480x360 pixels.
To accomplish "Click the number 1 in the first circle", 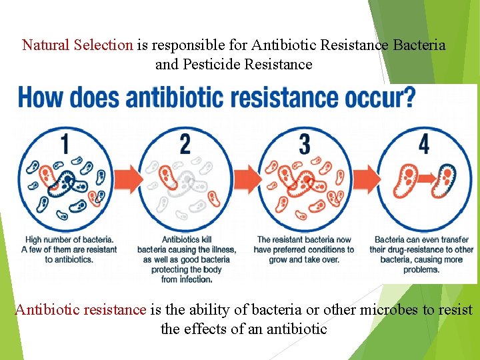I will (x=65, y=143).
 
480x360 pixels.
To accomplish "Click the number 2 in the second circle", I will (x=185, y=143).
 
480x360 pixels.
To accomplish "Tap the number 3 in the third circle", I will (x=304, y=143).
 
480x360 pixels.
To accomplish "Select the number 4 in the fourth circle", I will (x=423, y=143).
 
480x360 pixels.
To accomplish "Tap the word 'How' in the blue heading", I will (x=41, y=98).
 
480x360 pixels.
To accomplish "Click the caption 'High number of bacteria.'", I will (x=69, y=239).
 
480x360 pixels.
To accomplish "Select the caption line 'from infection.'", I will (x=187, y=279).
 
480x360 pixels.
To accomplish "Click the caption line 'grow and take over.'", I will (x=304, y=259).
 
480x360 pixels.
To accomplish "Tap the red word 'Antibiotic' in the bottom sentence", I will (x=47, y=310).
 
